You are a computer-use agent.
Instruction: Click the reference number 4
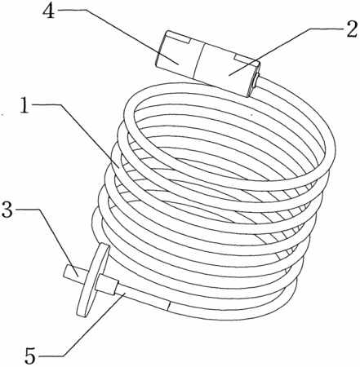click(x=49, y=11)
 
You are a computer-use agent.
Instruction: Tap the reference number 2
click(x=351, y=29)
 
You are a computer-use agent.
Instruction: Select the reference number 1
click(x=25, y=104)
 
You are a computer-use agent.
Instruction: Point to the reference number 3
click(x=7, y=209)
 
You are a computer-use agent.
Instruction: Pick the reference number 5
click(x=30, y=356)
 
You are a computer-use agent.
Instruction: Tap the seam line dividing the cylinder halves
click(x=198, y=60)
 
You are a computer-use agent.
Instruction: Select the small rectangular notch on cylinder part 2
click(x=245, y=59)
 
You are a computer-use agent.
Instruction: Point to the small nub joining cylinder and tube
click(x=256, y=80)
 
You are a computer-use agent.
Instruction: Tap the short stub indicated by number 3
click(x=75, y=272)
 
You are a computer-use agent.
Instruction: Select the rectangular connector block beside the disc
click(x=106, y=285)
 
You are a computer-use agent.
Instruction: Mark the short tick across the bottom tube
click(x=169, y=306)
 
